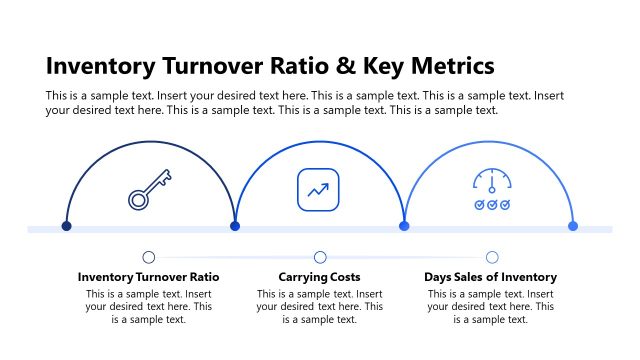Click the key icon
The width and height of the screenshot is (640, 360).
[147, 190]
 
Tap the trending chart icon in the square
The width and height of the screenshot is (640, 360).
[319, 190]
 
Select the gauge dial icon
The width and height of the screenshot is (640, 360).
[491, 182]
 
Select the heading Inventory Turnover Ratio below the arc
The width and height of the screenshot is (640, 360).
[148, 276]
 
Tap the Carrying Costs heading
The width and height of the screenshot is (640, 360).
[319, 276]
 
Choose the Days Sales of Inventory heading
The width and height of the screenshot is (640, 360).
[490, 276]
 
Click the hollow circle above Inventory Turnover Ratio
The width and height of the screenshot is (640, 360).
[149, 257]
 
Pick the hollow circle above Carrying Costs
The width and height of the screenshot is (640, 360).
[320, 257]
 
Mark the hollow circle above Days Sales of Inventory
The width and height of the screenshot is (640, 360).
[492, 257]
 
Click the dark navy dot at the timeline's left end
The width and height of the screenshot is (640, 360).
[66, 226]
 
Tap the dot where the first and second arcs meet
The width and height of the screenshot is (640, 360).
[235, 226]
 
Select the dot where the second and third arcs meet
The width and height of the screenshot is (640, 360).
[404, 226]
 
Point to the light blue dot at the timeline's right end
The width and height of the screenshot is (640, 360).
[573, 226]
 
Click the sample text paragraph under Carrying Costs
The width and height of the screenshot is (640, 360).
[319, 307]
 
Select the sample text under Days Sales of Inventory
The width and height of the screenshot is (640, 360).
[490, 307]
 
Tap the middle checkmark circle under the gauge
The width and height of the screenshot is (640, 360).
[491, 204]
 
